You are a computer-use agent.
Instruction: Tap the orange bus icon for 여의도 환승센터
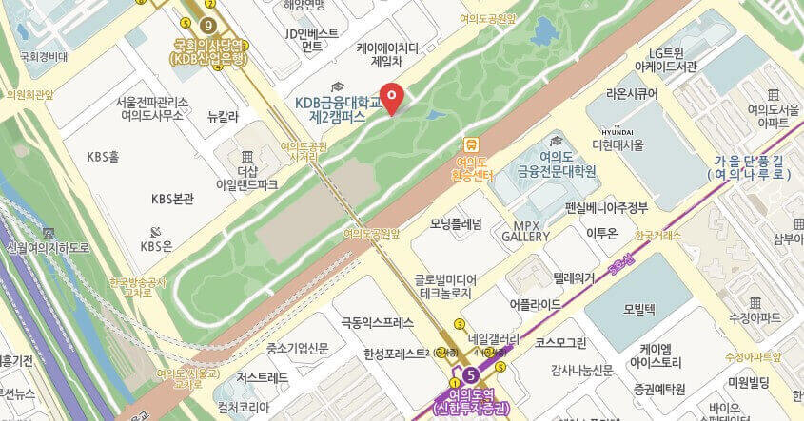pyautogui.click(x=471, y=144)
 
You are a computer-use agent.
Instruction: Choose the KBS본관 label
pyautogui.click(x=172, y=199)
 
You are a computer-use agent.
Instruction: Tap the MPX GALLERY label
pyautogui.click(x=532, y=230)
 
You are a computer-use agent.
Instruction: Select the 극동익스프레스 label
pyautogui.click(x=378, y=323)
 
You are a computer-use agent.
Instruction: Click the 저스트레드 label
pyautogui.click(x=263, y=376)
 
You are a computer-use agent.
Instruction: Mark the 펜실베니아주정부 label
pyautogui.click(x=606, y=207)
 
